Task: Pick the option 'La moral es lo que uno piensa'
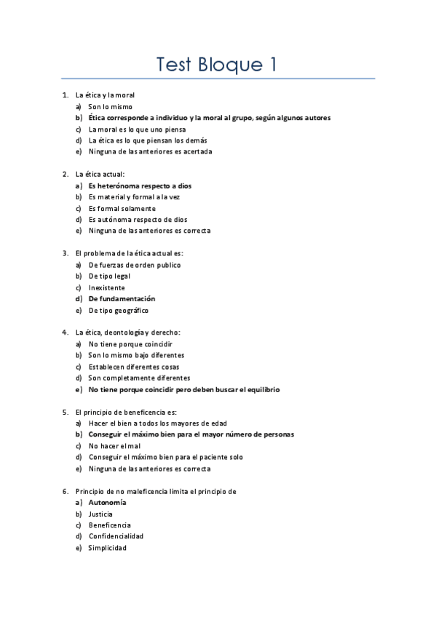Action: click(137, 130)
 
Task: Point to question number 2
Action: click(66, 174)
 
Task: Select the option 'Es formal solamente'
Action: click(122, 208)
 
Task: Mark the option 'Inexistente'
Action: click(106, 287)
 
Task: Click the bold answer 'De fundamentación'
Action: click(122, 299)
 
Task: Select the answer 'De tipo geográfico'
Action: click(119, 311)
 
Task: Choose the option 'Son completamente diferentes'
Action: click(139, 378)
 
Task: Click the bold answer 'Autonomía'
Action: click(107, 503)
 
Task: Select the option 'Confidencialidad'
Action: click(116, 536)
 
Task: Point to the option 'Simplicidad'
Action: click(107, 548)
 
